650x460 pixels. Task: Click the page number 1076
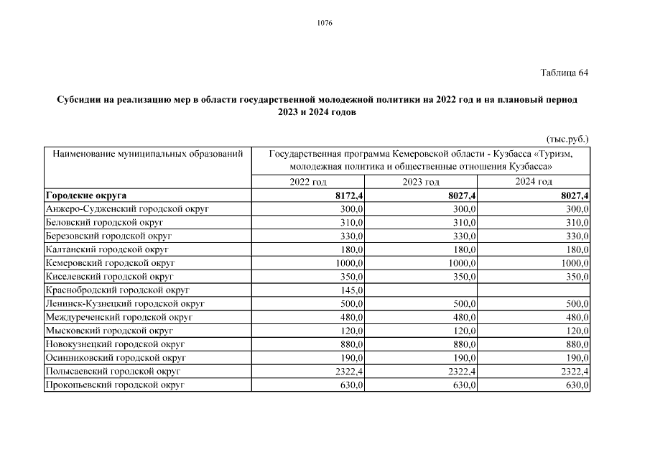click(x=325, y=23)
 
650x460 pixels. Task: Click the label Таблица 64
click(x=565, y=73)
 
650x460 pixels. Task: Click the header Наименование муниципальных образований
click(x=144, y=154)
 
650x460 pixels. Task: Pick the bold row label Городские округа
click(x=86, y=195)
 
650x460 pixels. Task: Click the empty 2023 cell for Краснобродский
click(x=422, y=290)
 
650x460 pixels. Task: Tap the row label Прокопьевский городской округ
click(x=115, y=385)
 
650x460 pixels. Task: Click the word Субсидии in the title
click(x=78, y=100)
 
